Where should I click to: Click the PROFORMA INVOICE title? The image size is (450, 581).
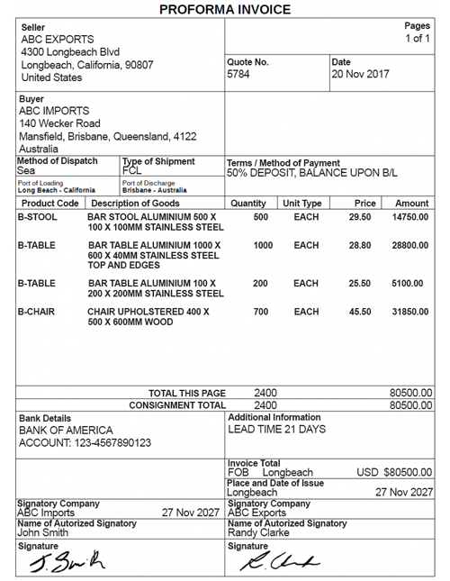(224, 9)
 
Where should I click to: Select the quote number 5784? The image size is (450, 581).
(238, 74)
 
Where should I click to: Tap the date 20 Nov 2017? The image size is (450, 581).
(360, 74)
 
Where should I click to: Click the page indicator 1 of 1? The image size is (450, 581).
(418, 39)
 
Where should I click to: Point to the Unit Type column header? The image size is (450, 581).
(302, 204)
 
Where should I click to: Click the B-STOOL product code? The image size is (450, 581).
(37, 218)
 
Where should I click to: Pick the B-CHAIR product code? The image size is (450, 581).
(37, 312)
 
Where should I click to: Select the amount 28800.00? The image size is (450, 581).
(410, 246)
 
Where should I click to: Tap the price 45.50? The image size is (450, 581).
(360, 312)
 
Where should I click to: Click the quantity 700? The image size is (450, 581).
(261, 312)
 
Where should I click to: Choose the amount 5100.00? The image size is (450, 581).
(413, 284)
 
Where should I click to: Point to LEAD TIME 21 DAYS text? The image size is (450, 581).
(276, 430)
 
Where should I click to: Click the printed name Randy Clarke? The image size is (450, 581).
(258, 532)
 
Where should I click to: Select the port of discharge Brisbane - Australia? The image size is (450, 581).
(154, 190)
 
